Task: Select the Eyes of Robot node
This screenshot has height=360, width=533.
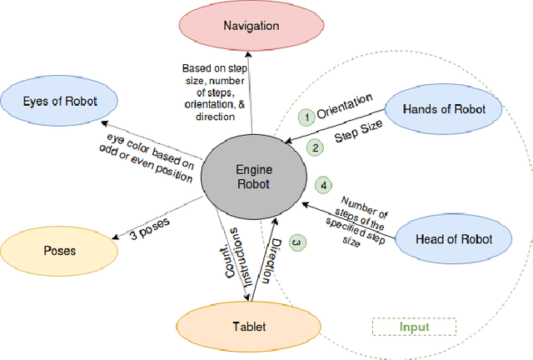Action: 60,102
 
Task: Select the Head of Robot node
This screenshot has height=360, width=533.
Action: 454,239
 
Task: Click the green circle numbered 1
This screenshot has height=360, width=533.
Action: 306,117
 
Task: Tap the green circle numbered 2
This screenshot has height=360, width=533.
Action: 316,148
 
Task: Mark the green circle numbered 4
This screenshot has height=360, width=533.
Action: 324,185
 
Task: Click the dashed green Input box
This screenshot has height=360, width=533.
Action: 412,327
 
